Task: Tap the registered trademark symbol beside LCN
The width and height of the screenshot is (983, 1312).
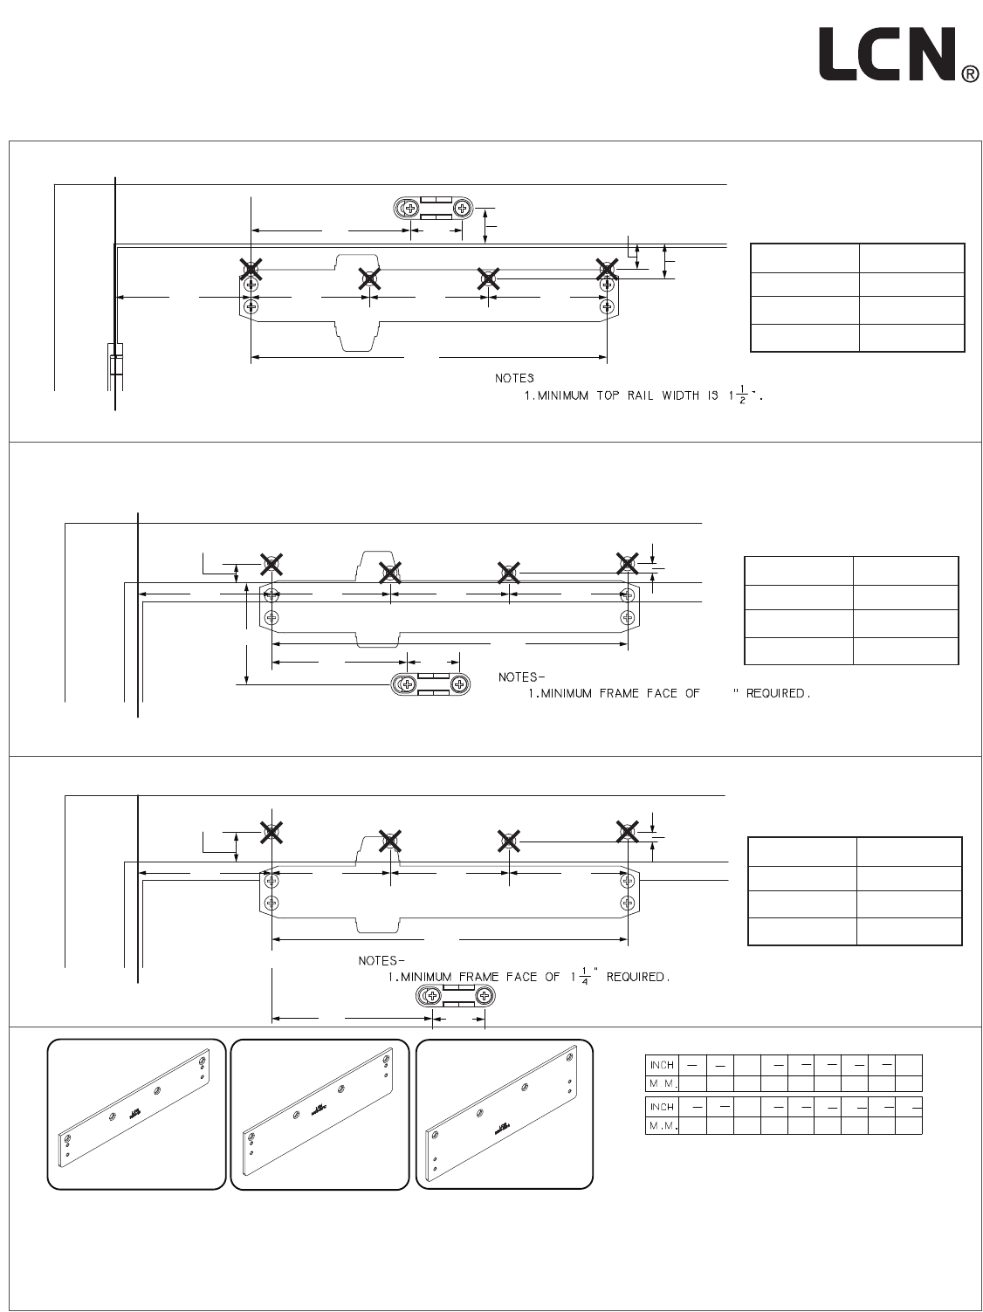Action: [969, 76]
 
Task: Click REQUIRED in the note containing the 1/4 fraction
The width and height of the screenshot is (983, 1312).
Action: [638, 977]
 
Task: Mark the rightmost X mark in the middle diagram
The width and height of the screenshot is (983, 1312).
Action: [627, 563]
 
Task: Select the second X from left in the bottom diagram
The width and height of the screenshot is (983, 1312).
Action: [390, 841]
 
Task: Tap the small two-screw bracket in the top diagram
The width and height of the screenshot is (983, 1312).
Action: [434, 208]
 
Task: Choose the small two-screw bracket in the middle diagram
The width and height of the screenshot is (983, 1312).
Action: [432, 683]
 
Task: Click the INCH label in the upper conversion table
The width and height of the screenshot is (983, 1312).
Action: [661, 1065]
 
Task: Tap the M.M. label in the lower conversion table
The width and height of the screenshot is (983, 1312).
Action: [661, 1126]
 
